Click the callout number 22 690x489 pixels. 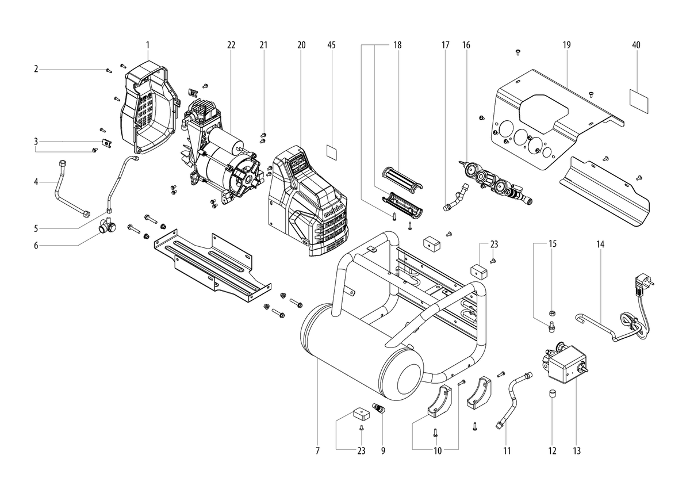tap(231, 45)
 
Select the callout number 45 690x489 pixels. tap(331, 45)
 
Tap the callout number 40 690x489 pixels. tap(636, 45)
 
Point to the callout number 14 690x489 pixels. tap(600, 244)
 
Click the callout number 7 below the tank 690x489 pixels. tap(317, 451)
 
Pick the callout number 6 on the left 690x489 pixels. tap(36, 246)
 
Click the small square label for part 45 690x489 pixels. tap(331, 152)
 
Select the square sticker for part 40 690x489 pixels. tap(639, 101)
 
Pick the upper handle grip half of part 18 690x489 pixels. tap(402, 178)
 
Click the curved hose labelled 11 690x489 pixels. tap(512, 400)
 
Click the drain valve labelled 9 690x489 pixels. tap(378, 408)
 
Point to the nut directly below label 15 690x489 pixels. tap(552, 314)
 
